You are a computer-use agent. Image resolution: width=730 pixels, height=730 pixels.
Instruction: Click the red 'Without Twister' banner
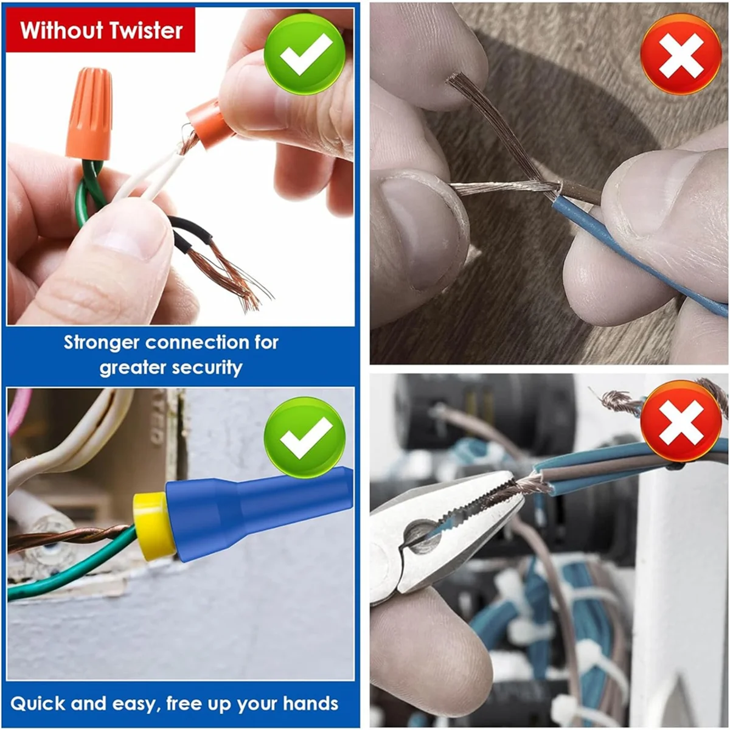click(x=101, y=30)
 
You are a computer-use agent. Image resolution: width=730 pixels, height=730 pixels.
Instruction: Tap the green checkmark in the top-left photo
click(x=305, y=54)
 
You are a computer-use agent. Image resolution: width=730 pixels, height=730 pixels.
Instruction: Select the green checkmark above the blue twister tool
click(x=305, y=437)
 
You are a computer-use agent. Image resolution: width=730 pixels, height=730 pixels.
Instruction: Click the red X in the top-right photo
click(x=681, y=54)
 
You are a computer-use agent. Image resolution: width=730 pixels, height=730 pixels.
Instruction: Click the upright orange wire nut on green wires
click(x=89, y=113)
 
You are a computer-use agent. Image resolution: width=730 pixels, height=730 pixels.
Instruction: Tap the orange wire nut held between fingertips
click(x=209, y=124)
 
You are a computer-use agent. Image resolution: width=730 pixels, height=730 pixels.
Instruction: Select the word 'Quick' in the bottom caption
click(x=38, y=704)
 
